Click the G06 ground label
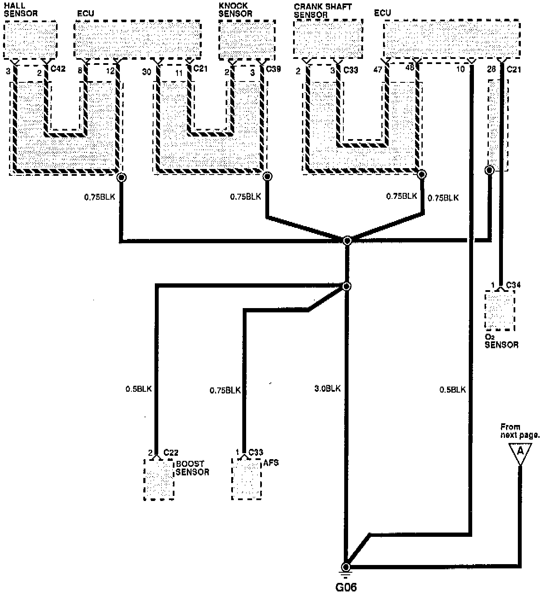(x=345, y=587)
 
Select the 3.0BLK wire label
(x=327, y=389)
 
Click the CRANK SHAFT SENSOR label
(x=322, y=10)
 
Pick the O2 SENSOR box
(x=500, y=310)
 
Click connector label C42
(x=58, y=68)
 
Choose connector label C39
(x=273, y=68)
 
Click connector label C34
(x=513, y=285)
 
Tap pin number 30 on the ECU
(x=146, y=72)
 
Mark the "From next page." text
(x=520, y=431)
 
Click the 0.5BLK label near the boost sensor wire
(x=138, y=389)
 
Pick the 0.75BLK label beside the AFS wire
(x=225, y=390)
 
